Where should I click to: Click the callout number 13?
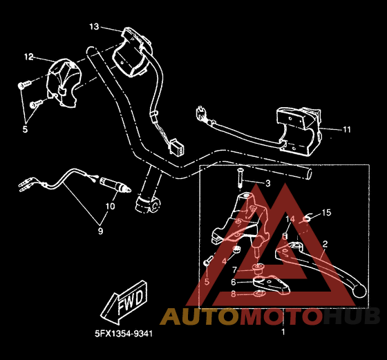94,26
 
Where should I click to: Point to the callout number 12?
29,57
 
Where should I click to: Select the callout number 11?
347,129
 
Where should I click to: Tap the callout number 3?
268,183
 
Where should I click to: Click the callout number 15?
326,212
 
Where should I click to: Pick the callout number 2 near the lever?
325,244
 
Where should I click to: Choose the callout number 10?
111,206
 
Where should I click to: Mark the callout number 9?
100,231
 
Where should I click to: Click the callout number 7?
234,270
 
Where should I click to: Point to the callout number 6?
234,282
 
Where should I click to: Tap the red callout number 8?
234,294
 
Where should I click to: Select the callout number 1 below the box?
283,332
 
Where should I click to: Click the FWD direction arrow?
124,302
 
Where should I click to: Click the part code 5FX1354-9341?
124,334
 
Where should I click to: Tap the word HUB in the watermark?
352,316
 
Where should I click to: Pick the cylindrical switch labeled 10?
115,184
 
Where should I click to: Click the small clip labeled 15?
308,218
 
